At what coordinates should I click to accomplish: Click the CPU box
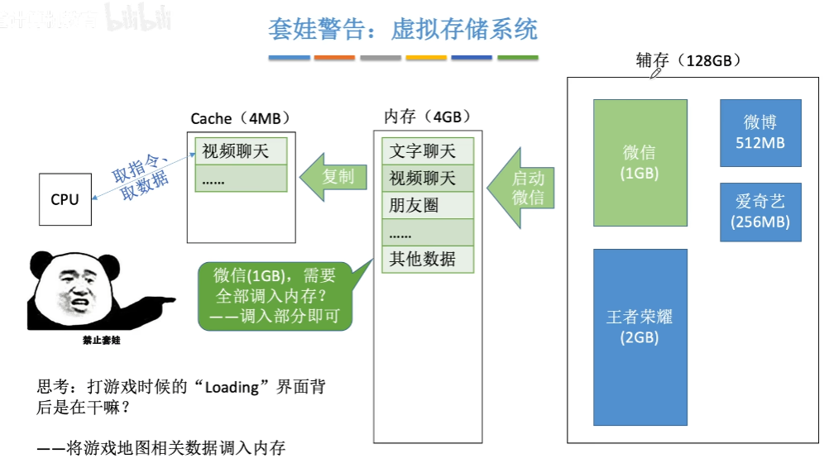[x=65, y=199]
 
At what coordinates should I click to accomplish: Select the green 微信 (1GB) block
[x=640, y=163]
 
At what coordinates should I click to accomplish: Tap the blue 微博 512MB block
[x=760, y=133]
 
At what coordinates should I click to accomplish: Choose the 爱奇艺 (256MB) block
[x=760, y=212]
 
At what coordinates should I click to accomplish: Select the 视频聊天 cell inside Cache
[x=241, y=151]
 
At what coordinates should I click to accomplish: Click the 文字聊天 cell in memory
[x=428, y=151]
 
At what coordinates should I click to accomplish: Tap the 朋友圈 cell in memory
[x=428, y=205]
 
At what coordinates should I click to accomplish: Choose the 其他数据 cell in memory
[x=428, y=259]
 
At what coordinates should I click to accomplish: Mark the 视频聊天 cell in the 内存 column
[x=428, y=178]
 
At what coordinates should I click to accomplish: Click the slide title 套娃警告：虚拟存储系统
[x=403, y=30]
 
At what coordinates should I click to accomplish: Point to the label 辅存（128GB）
[x=688, y=61]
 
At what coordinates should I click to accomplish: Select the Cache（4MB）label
[x=241, y=119]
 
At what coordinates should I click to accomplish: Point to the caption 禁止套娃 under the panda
[x=96, y=340]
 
